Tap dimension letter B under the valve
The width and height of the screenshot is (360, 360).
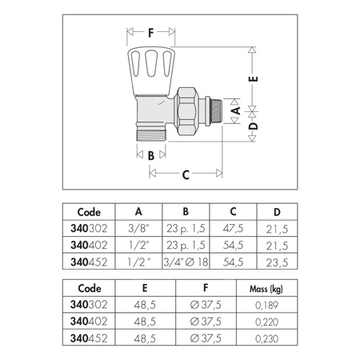(x=150, y=155)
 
